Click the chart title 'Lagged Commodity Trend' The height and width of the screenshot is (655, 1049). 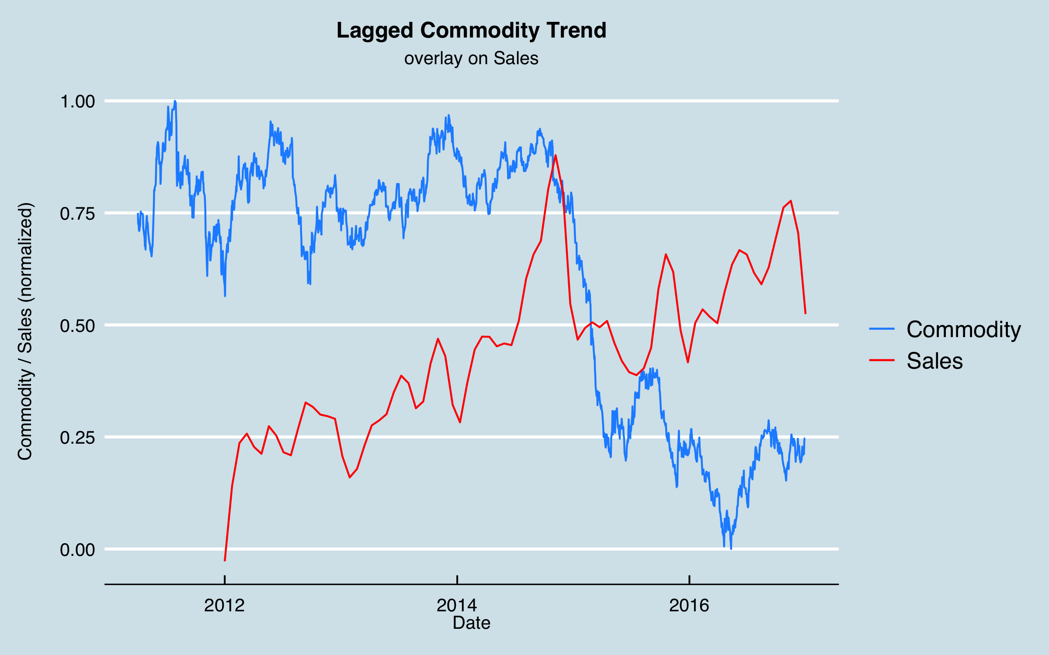coord(471,31)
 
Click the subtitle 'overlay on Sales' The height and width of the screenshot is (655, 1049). coord(471,59)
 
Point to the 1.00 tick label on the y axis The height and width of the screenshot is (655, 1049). coord(77,102)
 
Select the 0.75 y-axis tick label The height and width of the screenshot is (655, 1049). coord(77,214)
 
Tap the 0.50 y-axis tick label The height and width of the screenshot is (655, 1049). coord(77,326)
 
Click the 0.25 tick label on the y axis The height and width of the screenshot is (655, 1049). coord(77,438)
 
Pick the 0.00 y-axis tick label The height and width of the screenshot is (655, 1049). coord(77,550)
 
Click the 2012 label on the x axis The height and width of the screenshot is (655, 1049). coord(224,606)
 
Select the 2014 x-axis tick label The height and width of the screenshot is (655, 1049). coord(457,606)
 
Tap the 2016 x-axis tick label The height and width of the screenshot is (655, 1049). coord(689,606)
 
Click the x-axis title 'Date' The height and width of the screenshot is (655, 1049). coord(471,623)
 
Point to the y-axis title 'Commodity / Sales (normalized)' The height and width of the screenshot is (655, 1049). coord(25,331)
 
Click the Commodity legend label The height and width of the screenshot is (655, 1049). coord(963,329)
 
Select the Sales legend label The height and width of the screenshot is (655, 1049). coord(934,361)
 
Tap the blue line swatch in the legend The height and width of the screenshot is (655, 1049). coord(882,329)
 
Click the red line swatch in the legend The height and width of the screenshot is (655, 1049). coord(882,360)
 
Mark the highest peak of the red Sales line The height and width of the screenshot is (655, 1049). coord(555,155)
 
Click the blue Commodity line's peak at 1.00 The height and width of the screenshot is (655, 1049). coord(175,101)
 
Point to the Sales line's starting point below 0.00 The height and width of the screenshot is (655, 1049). coord(225,560)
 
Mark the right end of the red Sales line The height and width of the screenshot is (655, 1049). coord(805,314)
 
